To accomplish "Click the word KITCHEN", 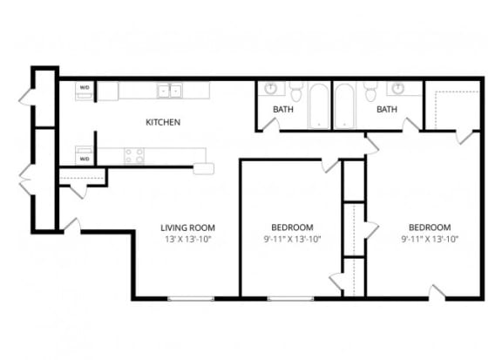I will pyautogui.click(x=163, y=122).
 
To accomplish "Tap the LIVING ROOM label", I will pyautogui.click(x=187, y=228).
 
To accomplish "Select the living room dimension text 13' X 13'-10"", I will pyautogui.click(x=187, y=239).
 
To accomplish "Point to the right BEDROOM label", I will pyautogui.click(x=430, y=228).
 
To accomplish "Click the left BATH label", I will pyautogui.click(x=283, y=109).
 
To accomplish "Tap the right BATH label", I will pyautogui.click(x=387, y=109).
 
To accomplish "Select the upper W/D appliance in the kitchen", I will pyautogui.click(x=85, y=91).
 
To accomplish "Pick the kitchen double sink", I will pyautogui.click(x=169, y=90).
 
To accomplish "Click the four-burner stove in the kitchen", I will pyautogui.click(x=134, y=156).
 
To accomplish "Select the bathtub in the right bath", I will pyautogui.click(x=343, y=105).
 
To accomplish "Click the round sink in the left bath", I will pyautogui.click(x=271, y=88).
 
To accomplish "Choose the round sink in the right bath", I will pyautogui.click(x=398, y=88).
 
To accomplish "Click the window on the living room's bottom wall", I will pyautogui.click(x=190, y=299).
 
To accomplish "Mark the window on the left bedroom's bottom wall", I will pyautogui.click(x=291, y=299).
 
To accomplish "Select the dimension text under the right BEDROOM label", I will pyautogui.click(x=430, y=239).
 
